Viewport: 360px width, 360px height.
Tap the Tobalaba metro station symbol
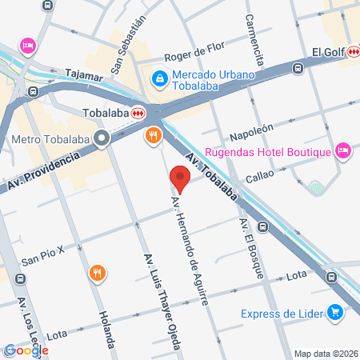point(138,113)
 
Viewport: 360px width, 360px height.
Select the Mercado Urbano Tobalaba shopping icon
point(158,78)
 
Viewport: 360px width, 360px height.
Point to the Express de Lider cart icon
point(337,311)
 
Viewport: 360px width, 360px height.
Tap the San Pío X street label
point(42,261)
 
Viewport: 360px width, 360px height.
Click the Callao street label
point(259,173)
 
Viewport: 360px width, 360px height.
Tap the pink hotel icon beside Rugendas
point(342,150)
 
